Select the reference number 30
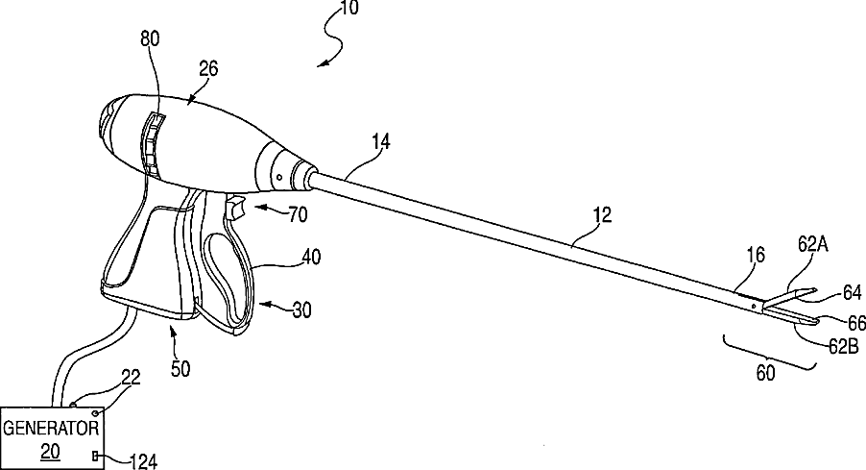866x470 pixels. point(301,309)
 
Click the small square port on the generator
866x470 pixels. point(96,455)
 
